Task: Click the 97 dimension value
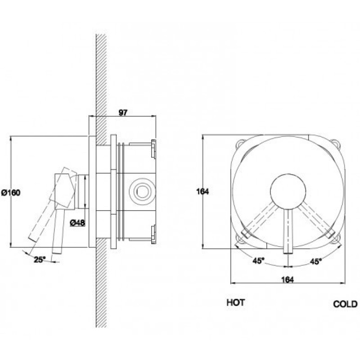pos(122,113)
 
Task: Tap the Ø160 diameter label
pos(11,193)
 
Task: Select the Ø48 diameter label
pos(77,223)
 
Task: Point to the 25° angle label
pos(40,260)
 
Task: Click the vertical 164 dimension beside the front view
pos(202,191)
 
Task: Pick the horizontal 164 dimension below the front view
pos(288,279)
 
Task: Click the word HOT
pos(236,302)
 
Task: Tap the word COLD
pos(345,304)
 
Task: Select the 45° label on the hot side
pos(258,261)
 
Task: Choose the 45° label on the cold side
pos(316,261)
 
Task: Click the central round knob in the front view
pos(288,192)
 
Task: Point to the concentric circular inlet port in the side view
pos(142,191)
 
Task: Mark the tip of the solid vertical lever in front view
pos(288,253)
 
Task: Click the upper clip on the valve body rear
pos(153,149)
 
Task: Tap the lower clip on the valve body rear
pos(153,234)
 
